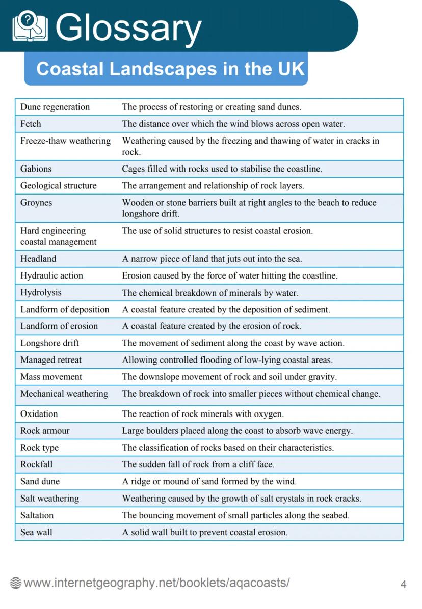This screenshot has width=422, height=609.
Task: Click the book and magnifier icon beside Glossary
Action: click(30, 26)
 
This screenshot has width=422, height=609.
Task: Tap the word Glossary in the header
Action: click(128, 27)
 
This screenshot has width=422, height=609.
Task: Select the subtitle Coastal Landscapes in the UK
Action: click(170, 69)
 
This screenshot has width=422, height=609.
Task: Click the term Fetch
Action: click(31, 124)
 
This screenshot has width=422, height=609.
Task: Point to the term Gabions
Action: click(36, 169)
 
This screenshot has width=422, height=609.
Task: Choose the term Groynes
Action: click(36, 202)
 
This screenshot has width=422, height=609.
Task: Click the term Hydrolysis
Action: click(41, 293)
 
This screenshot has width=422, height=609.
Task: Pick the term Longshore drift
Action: click(49, 343)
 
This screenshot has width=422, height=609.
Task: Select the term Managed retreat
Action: click(50, 360)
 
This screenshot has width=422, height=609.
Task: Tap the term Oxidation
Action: click(39, 414)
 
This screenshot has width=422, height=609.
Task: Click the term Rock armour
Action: click(45, 431)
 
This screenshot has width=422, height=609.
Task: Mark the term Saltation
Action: click(37, 515)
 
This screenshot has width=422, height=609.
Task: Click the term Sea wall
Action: click(36, 532)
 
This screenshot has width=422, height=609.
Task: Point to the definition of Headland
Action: click(212, 259)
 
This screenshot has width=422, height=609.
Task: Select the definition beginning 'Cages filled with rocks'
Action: click(222, 169)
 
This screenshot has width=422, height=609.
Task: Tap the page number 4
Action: click(403, 584)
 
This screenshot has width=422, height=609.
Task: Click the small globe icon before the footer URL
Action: click(16, 584)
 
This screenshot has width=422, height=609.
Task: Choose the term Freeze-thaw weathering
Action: click(65, 141)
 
